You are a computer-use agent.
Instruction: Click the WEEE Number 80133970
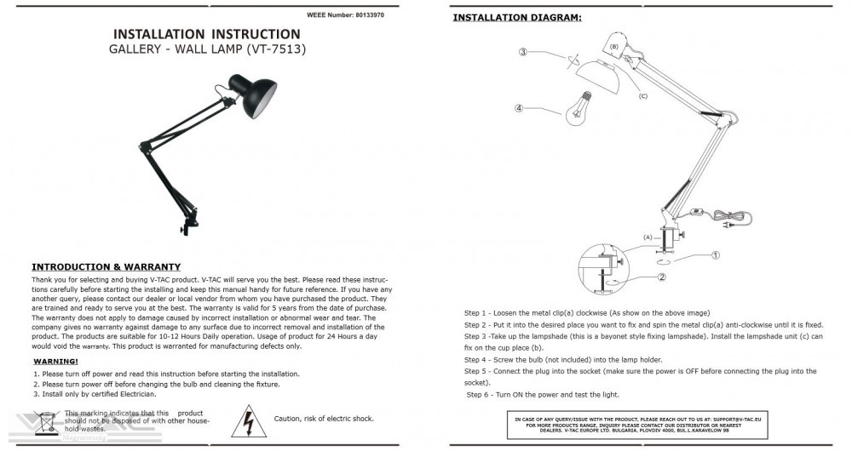(345, 15)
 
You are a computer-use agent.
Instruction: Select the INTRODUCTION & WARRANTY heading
(106, 267)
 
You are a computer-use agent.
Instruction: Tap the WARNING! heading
(55, 362)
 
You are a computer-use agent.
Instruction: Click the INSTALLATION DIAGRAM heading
(517, 17)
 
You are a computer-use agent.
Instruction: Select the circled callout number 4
(518, 108)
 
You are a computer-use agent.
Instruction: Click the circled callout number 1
(716, 254)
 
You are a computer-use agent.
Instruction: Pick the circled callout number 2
(661, 277)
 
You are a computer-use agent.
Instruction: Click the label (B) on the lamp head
(614, 45)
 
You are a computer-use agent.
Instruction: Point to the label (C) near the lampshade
(643, 96)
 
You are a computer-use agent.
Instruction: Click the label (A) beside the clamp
(647, 236)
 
